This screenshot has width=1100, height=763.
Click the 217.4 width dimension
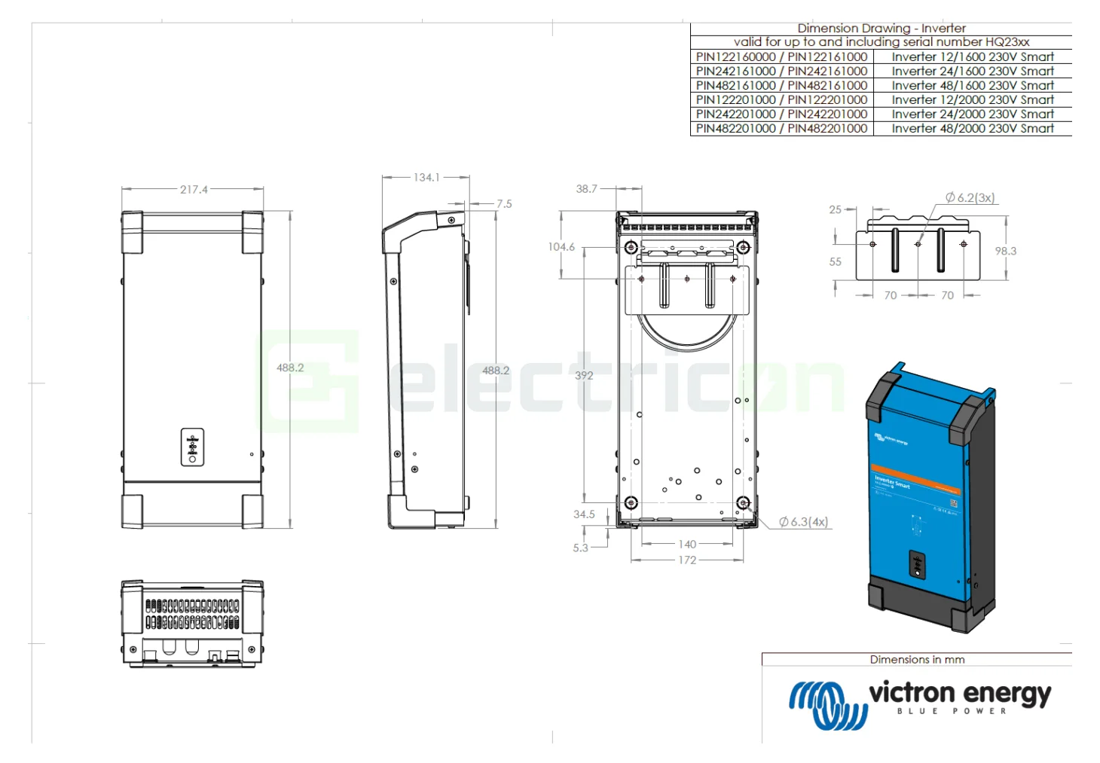(x=194, y=190)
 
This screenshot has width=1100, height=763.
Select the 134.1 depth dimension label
(x=426, y=178)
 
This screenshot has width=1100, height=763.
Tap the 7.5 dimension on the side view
(x=504, y=204)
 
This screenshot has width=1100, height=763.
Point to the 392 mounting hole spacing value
(x=584, y=375)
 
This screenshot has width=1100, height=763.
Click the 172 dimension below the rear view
(x=687, y=560)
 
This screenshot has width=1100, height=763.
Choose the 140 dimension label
(x=687, y=544)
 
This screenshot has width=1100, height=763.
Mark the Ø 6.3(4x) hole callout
(x=803, y=522)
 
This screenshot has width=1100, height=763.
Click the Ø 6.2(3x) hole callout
(x=970, y=197)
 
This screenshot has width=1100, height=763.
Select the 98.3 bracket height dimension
(x=1005, y=251)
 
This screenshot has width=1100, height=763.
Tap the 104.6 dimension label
(x=561, y=247)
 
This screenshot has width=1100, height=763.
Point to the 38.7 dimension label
(x=586, y=189)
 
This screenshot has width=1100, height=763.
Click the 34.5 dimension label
(x=584, y=514)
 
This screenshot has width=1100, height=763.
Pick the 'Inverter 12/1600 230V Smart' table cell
(x=972, y=56)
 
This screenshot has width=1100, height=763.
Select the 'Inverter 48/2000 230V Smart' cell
(x=972, y=129)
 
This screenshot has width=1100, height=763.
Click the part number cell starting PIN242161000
(x=781, y=71)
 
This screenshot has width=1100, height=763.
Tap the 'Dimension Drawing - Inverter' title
(x=881, y=29)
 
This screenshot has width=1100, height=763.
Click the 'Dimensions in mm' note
(x=917, y=660)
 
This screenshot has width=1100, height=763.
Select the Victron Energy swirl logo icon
(x=827, y=704)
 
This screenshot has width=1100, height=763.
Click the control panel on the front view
(x=192, y=447)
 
